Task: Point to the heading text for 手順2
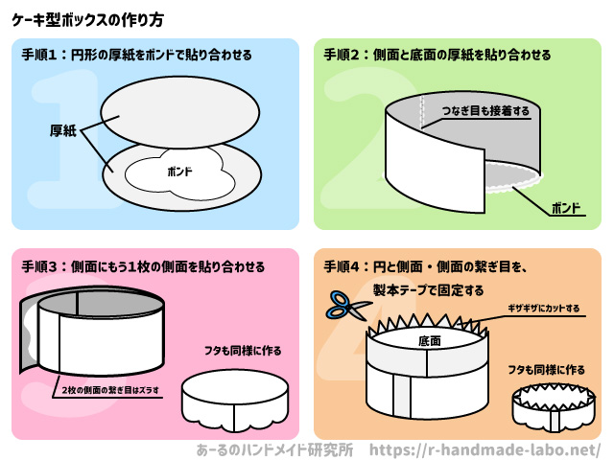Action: tap(437, 56)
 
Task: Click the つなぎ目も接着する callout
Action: tap(485, 111)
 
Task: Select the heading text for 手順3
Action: tap(144, 266)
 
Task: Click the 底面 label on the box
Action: tap(429, 340)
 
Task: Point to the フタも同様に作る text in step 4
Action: tap(546, 369)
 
